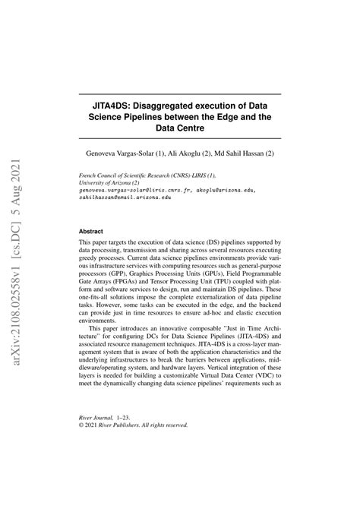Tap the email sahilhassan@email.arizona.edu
[125, 197]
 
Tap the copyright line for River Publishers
[133, 425]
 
